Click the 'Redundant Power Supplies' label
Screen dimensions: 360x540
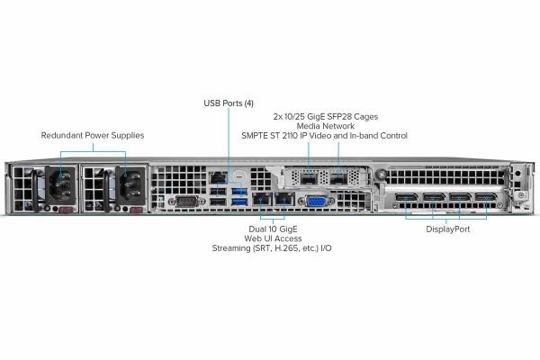[93, 136]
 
